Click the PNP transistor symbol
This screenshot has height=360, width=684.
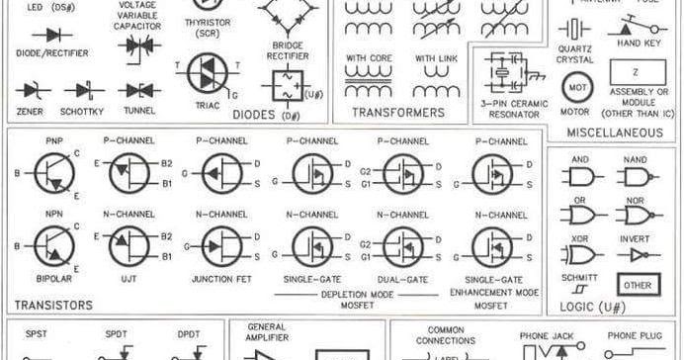[x=52, y=174]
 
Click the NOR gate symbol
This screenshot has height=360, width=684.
[x=634, y=216]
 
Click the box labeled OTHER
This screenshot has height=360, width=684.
[x=638, y=287]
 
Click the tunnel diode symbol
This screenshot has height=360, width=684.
[x=139, y=90]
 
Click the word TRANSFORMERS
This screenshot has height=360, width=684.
[x=398, y=113]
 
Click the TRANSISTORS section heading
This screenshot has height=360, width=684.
[x=54, y=306]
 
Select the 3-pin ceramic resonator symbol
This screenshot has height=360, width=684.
[x=510, y=75]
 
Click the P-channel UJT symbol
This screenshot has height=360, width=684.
[x=128, y=174]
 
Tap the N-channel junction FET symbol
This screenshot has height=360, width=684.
[x=220, y=245]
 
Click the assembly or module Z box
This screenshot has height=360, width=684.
[x=637, y=73]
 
